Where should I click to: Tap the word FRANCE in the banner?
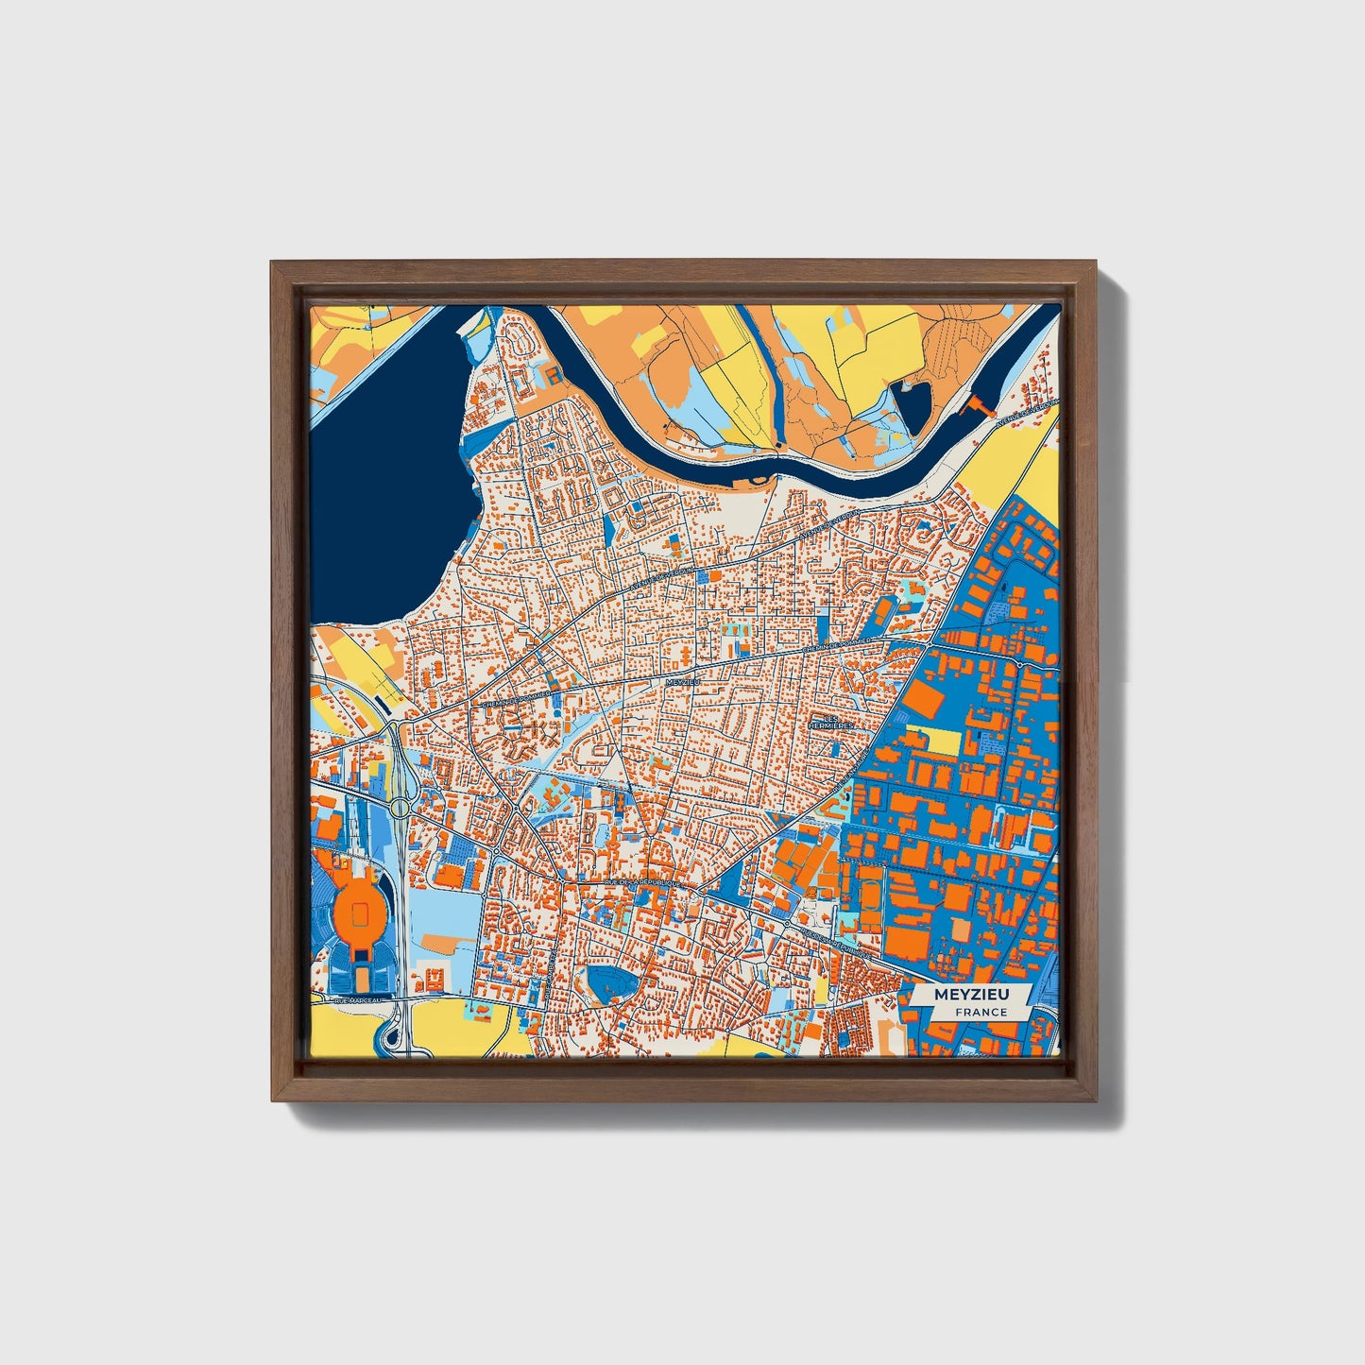(981, 1013)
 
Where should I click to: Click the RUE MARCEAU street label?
(356, 998)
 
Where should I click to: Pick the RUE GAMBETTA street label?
(549, 968)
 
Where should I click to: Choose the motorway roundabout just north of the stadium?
(401, 808)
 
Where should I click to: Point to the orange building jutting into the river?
(974, 407)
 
